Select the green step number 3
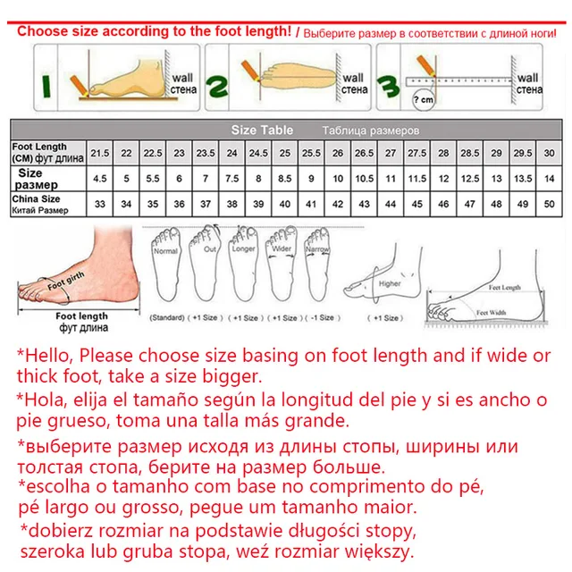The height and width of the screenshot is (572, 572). (x=387, y=85)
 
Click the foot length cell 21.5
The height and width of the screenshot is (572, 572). (x=99, y=152)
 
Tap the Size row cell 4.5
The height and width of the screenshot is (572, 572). (x=99, y=178)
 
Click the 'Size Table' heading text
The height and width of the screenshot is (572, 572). (x=262, y=130)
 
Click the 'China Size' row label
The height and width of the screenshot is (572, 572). (x=37, y=198)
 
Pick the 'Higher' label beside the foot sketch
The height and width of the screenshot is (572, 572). (x=390, y=284)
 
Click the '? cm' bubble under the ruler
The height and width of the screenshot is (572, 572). (x=425, y=98)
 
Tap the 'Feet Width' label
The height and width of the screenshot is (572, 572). (x=492, y=313)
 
